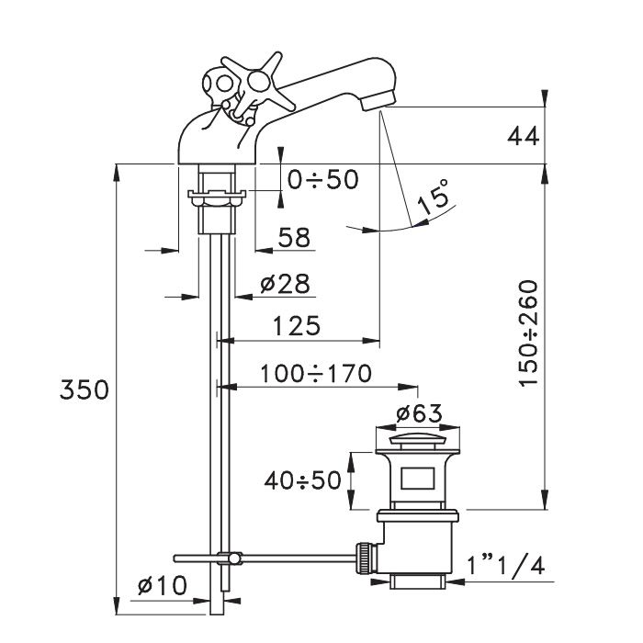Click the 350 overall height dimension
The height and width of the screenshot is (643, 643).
(x=85, y=389)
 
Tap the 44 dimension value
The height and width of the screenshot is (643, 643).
(x=523, y=136)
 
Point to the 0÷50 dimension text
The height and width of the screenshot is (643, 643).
(x=322, y=180)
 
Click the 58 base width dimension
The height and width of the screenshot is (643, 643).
(x=294, y=237)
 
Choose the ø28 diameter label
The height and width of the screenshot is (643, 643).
(x=285, y=284)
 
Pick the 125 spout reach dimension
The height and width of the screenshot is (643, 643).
(x=296, y=326)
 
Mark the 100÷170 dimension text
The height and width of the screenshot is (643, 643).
(x=316, y=374)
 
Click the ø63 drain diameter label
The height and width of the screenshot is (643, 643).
(x=419, y=413)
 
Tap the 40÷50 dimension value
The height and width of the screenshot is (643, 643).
(x=302, y=480)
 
